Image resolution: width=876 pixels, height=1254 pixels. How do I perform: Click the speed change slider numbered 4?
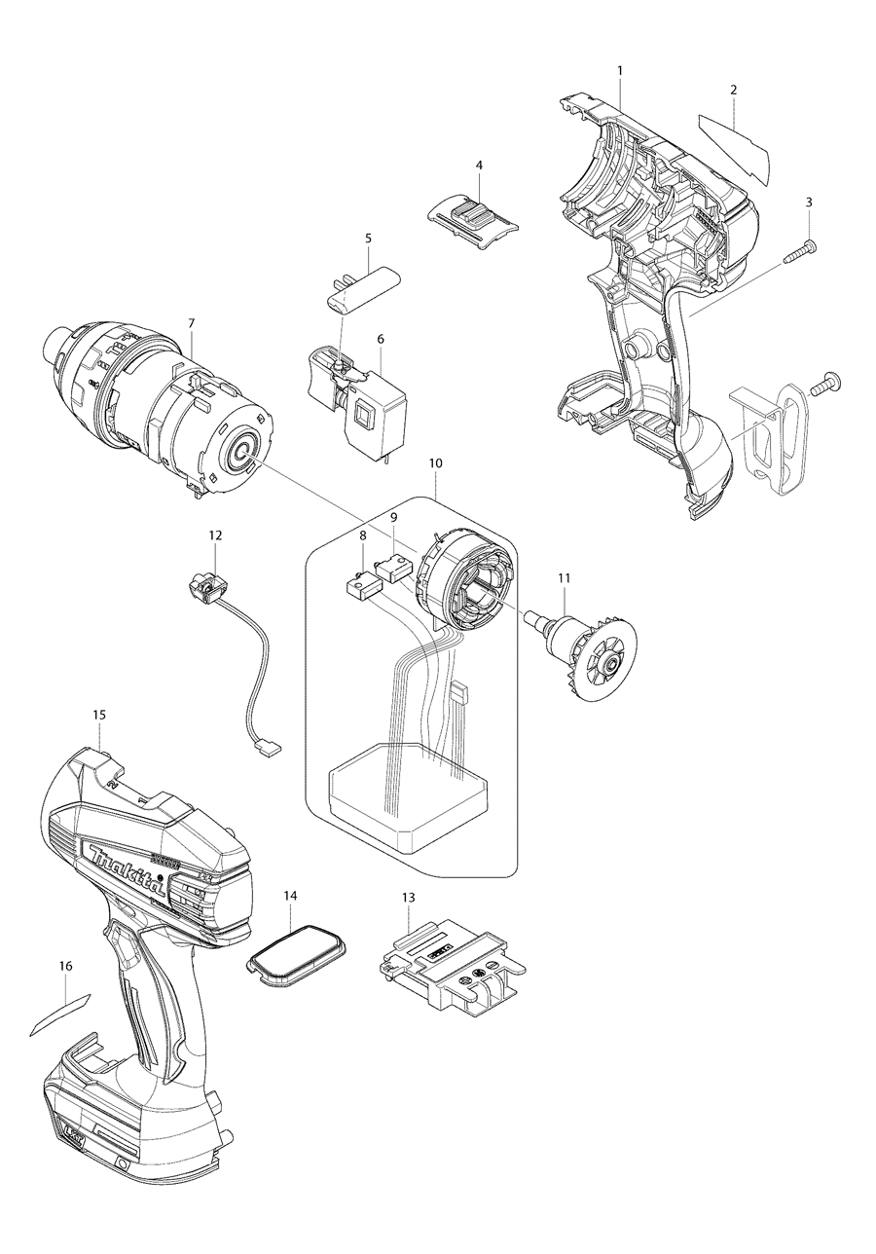point(473,216)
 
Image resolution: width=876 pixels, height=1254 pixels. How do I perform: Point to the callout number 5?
point(368,238)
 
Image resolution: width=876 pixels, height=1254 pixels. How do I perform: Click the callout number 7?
point(191,322)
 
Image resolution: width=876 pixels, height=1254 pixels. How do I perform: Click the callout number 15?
point(99,714)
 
